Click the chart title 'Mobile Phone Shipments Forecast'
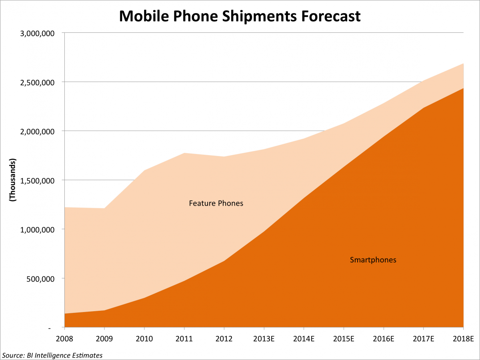coord(240,16)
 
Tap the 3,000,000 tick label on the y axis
coord(38,33)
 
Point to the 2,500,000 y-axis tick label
coord(38,82)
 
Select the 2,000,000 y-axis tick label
coord(38,131)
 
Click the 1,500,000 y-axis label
coord(38,180)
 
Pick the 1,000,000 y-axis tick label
coord(38,230)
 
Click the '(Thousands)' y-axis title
coord(12,180)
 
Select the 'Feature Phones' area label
coord(216,203)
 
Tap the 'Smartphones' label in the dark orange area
coord(373,260)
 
